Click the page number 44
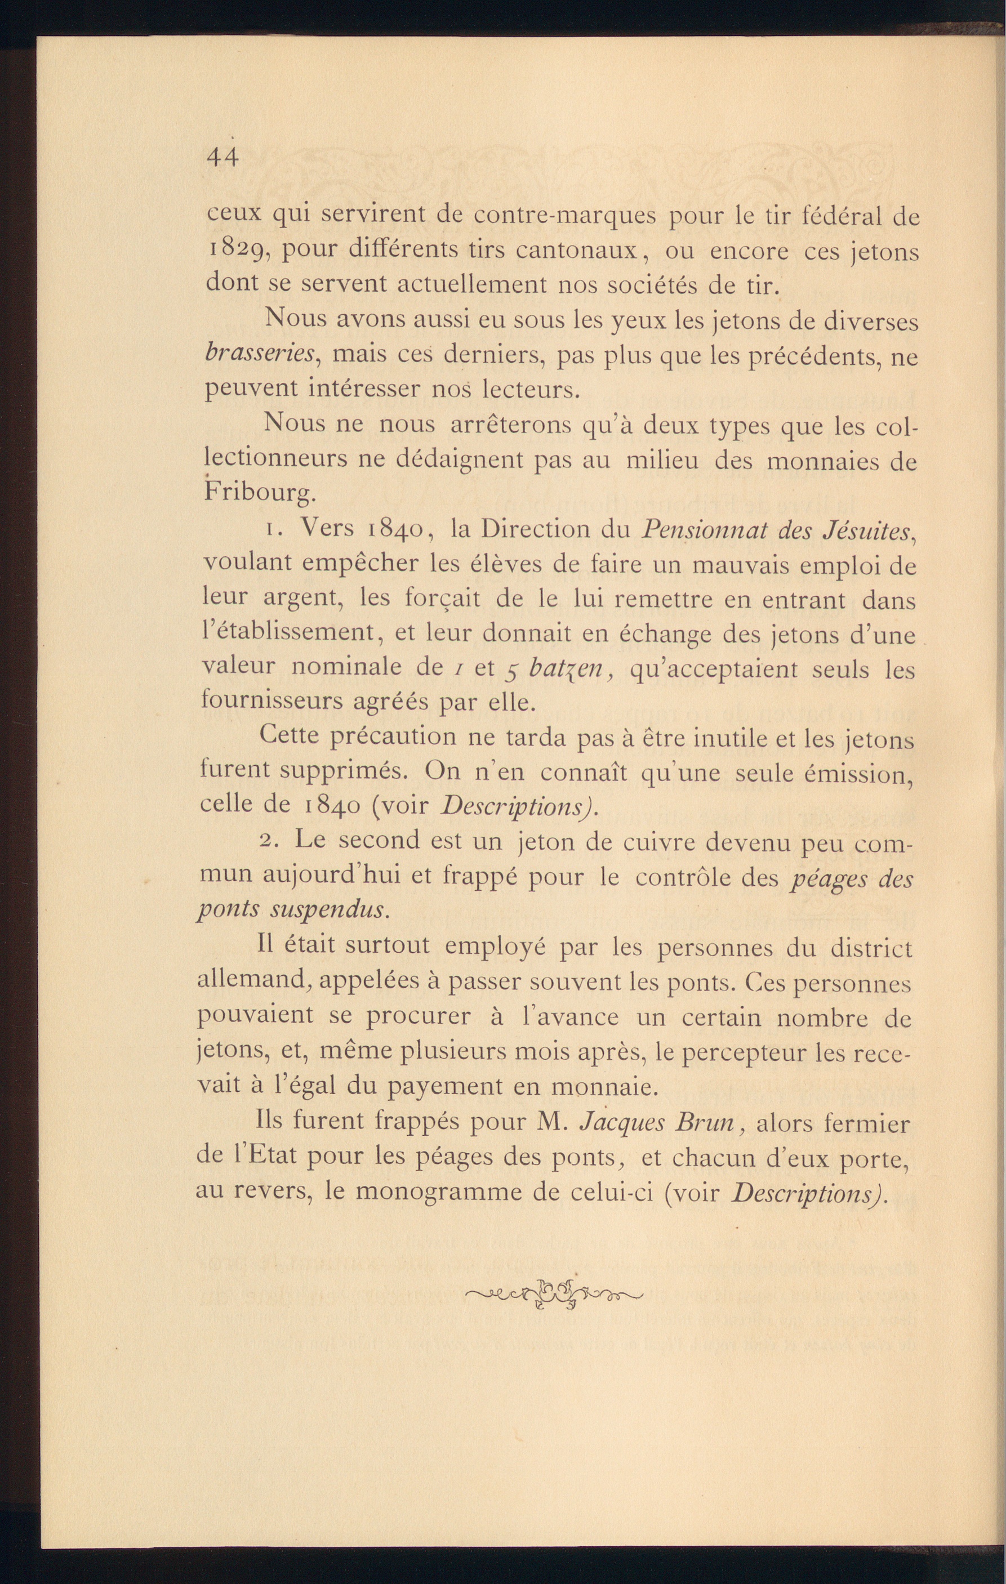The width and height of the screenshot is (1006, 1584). [222, 158]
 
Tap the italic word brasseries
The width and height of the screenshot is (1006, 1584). [261, 354]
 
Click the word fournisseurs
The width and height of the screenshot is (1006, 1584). [270, 701]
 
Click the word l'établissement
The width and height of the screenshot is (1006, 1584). [287, 633]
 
